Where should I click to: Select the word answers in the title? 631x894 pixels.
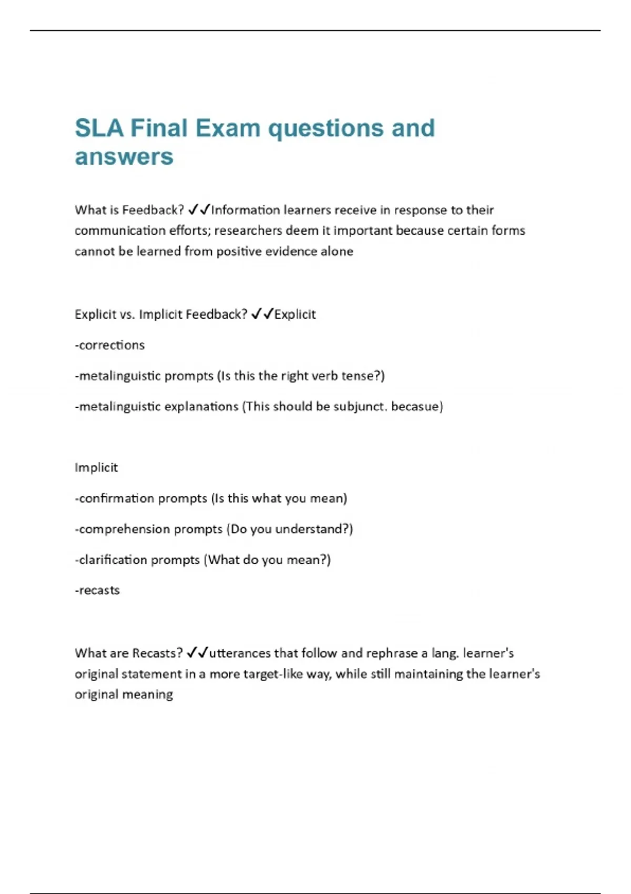click(124, 157)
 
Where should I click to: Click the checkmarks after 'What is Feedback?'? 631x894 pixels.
click(198, 210)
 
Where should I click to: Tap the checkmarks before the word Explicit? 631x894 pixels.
click(262, 314)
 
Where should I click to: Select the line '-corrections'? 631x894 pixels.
click(110, 345)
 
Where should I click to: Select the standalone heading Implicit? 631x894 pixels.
click(96, 468)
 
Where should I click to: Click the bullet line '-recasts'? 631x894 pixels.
click(97, 590)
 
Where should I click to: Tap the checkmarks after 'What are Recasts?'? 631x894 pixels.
click(197, 653)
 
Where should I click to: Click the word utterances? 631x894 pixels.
click(239, 653)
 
